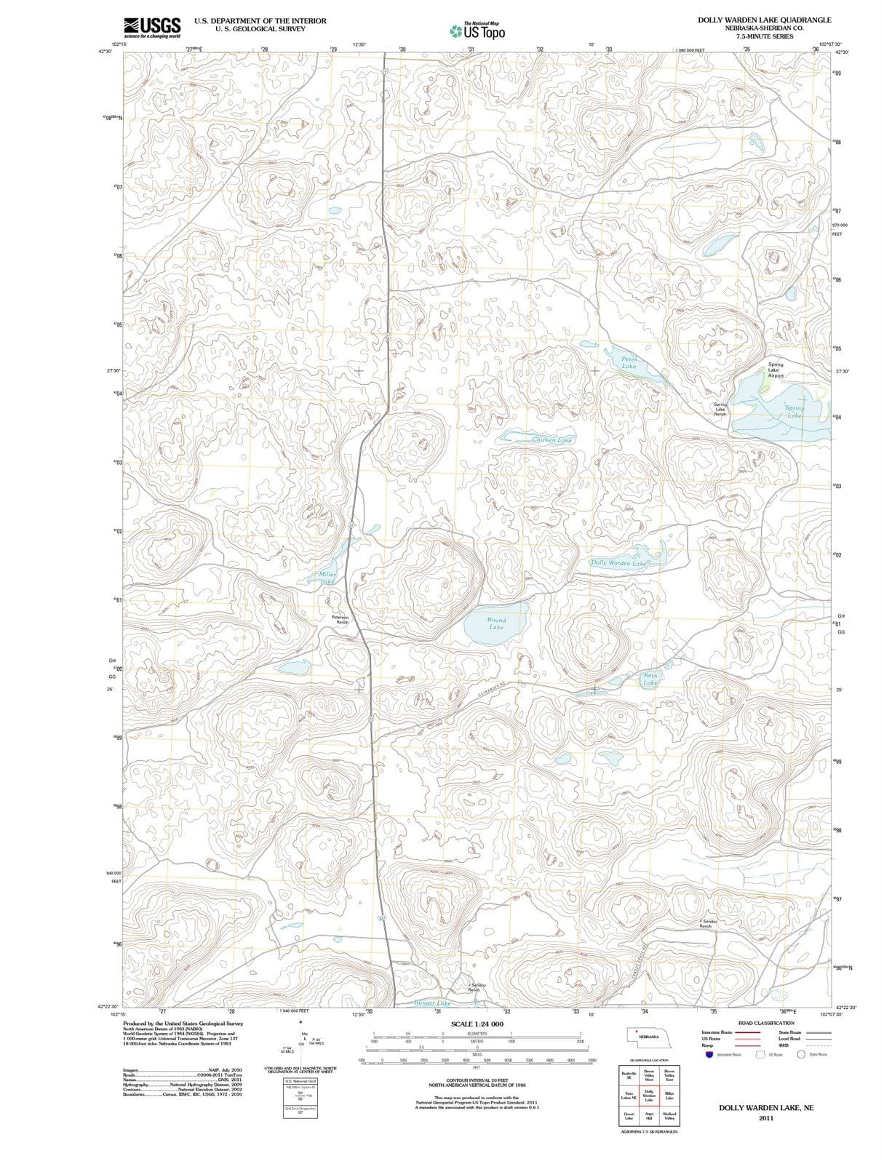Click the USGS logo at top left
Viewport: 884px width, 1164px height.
tap(152, 27)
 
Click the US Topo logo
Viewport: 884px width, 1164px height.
tap(477, 31)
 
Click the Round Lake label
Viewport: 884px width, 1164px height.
tap(496, 623)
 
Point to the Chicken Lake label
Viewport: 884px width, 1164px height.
tap(551, 439)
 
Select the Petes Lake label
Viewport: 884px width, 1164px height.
tap(629, 362)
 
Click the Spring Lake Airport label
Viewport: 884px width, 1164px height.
tap(776, 370)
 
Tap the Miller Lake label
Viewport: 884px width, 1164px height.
tap(327, 578)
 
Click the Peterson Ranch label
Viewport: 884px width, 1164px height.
tap(340, 620)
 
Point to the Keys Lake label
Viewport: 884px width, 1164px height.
tap(650, 679)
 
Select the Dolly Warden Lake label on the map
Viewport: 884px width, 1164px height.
tap(618, 563)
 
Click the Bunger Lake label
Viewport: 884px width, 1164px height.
tap(432, 1002)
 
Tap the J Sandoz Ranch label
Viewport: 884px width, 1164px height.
tap(474, 987)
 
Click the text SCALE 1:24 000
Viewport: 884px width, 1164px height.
tap(477, 1024)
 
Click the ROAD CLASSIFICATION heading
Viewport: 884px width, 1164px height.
tap(766, 1023)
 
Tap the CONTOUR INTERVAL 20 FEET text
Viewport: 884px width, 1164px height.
tap(477, 1081)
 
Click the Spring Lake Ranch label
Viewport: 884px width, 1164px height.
tap(720, 409)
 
